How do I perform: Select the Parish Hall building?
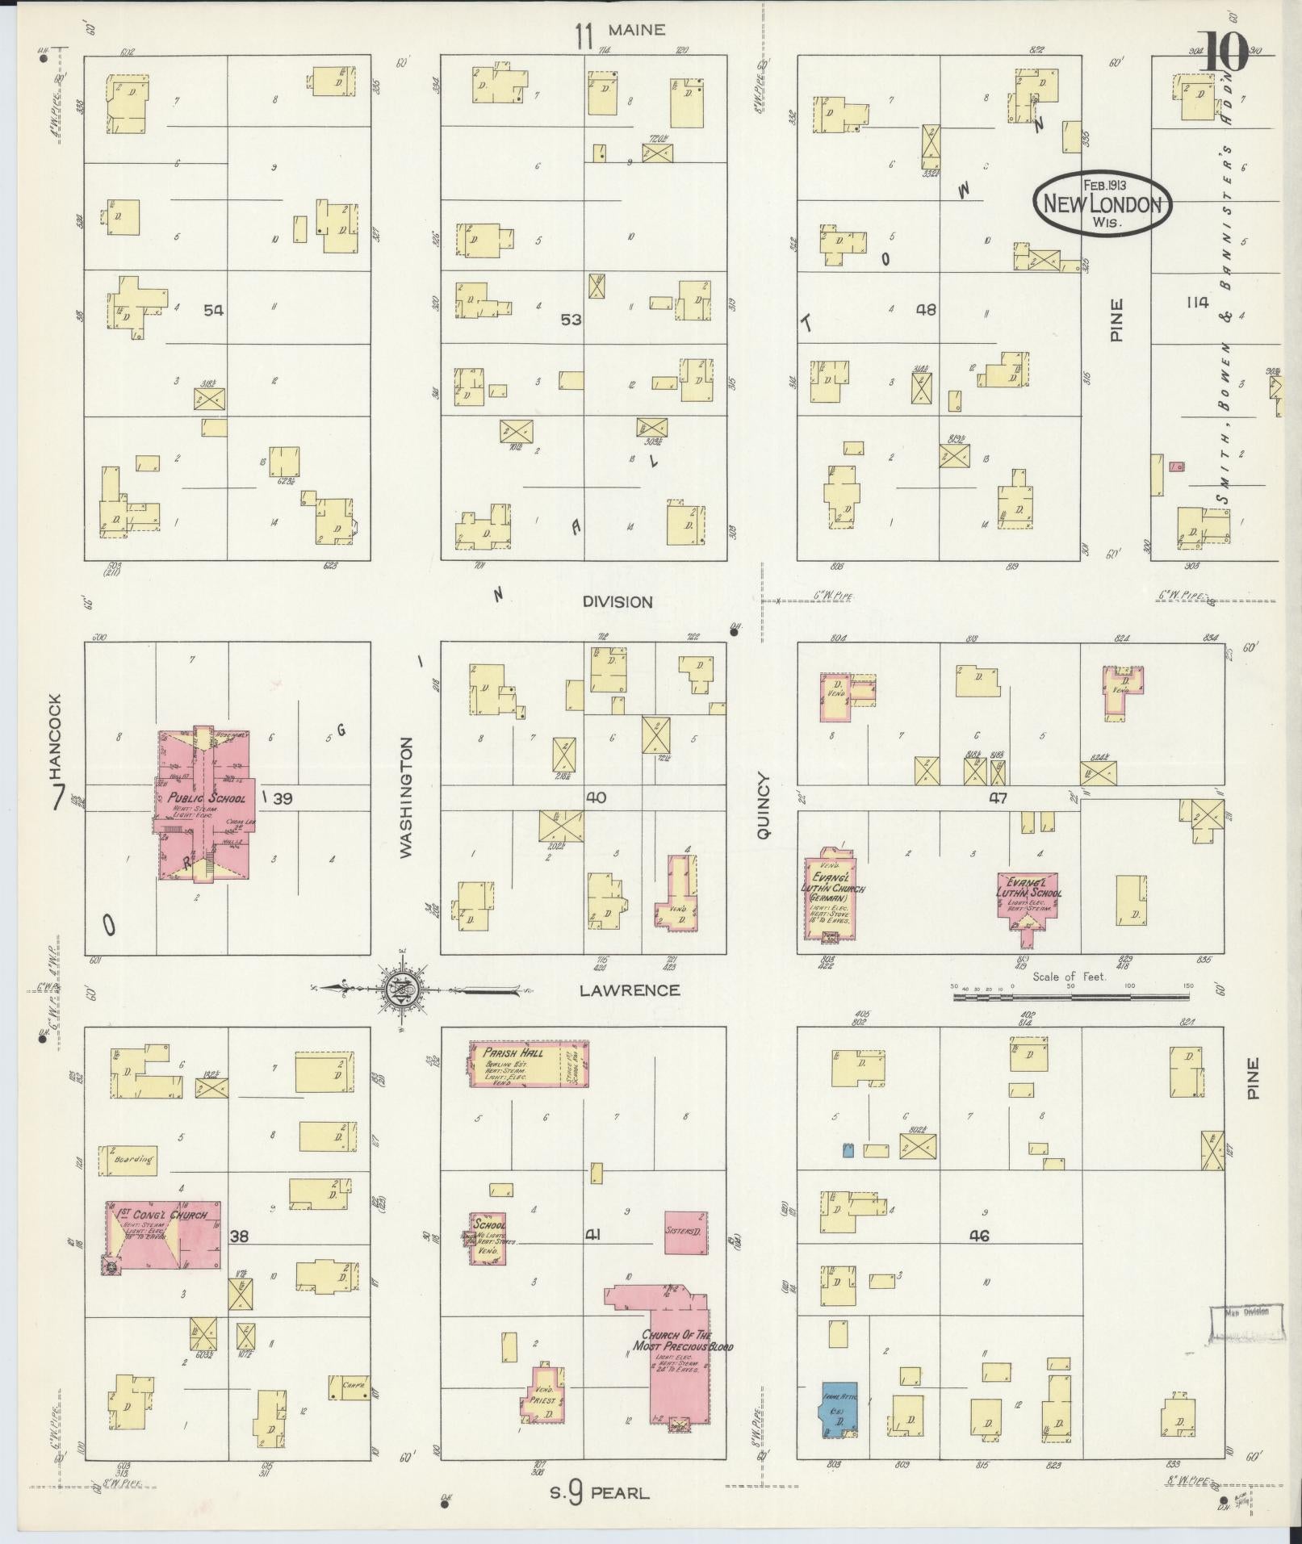[529, 1063]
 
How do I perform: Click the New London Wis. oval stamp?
[1103, 203]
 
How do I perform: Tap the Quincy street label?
[764, 808]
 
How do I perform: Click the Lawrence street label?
[630, 990]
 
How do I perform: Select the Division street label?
[617, 602]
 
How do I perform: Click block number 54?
[213, 311]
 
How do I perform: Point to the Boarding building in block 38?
[128, 1160]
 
